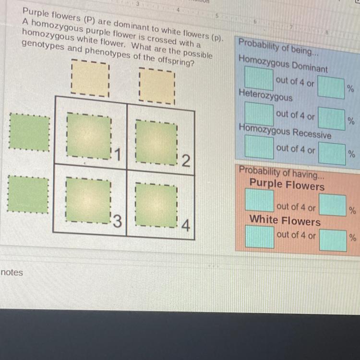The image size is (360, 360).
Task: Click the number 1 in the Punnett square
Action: [118, 155]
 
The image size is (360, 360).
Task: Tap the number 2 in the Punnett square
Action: [186, 160]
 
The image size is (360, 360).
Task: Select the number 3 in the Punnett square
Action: [117, 221]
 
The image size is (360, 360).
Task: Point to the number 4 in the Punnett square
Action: [185, 225]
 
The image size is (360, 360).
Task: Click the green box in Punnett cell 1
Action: [89, 136]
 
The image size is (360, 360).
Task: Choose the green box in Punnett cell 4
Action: [156, 205]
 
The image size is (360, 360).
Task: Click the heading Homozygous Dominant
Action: [283, 64]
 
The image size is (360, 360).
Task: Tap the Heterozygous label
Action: [265, 95]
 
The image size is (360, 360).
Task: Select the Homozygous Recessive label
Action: [285, 132]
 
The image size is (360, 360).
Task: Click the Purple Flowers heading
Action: [287, 184]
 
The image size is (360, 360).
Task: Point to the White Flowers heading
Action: [285, 220]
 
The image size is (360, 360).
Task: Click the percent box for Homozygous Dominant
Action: [331, 87]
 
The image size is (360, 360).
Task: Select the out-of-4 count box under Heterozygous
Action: [259, 114]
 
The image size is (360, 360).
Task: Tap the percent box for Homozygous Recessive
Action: [332, 154]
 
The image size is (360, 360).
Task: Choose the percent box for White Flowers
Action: [333, 240]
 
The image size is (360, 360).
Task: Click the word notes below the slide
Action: [12, 273]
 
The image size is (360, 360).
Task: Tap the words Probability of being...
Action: [278, 47]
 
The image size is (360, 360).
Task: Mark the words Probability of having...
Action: [281, 172]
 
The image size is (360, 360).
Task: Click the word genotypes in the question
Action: [43, 45]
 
